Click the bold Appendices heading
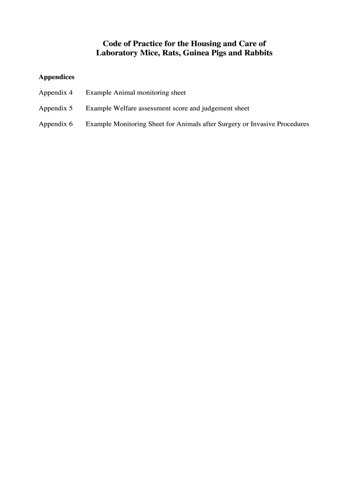57,77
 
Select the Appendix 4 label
56,93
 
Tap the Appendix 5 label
56,109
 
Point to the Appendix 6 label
56,124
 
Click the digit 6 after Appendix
71,124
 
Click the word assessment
159,109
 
